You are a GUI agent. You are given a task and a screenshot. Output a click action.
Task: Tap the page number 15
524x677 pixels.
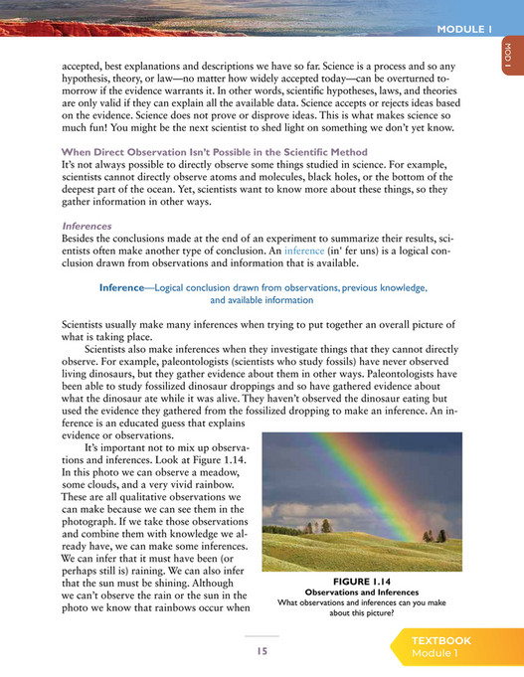[x=262, y=650]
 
